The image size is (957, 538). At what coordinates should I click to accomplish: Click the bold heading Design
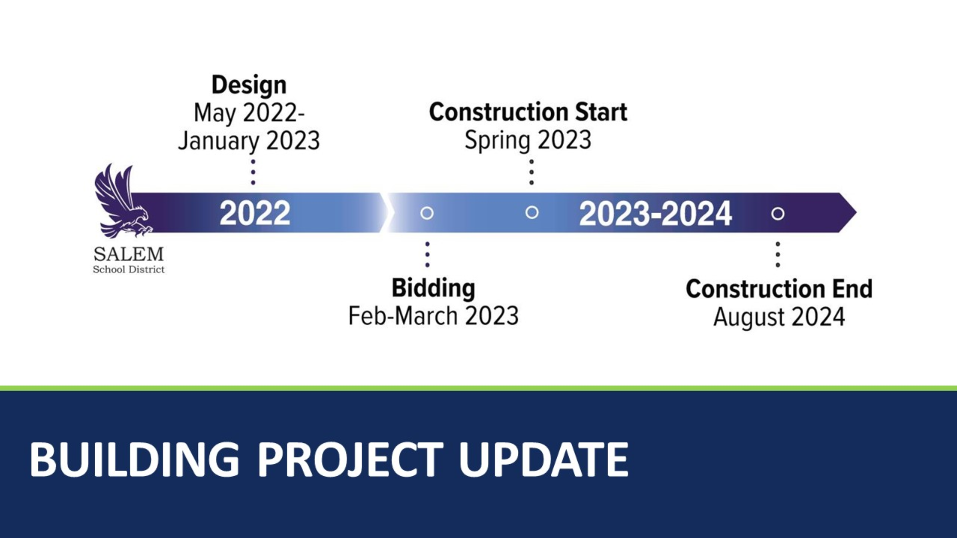[x=249, y=85]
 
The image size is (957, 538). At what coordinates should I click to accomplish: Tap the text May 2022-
[x=249, y=113]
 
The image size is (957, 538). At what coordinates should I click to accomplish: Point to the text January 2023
[x=249, y=141]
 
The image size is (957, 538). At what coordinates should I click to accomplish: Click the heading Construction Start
[x=528, y=112]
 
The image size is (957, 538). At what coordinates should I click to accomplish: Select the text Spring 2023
[x=528, y=140]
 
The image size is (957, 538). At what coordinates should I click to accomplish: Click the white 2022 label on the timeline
[x=255, y=213]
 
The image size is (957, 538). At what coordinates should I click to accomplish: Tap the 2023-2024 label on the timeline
[x=655, y=214]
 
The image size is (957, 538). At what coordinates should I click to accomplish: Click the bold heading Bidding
[x=433, y=288]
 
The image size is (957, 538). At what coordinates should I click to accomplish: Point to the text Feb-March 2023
[x=433, y=316]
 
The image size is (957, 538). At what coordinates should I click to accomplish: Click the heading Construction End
[x=779, y=289]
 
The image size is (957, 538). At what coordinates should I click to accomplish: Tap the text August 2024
[x=779, y=317]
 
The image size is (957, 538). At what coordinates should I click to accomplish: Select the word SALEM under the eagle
[x=129, y=254]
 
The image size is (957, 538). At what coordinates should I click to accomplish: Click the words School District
[x=129, y=269]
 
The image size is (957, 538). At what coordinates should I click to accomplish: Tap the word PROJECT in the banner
[x=350, y=459]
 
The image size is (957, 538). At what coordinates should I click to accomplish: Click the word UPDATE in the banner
[x=543, y=459]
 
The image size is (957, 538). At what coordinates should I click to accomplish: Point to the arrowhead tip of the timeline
[x=856, y=213]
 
